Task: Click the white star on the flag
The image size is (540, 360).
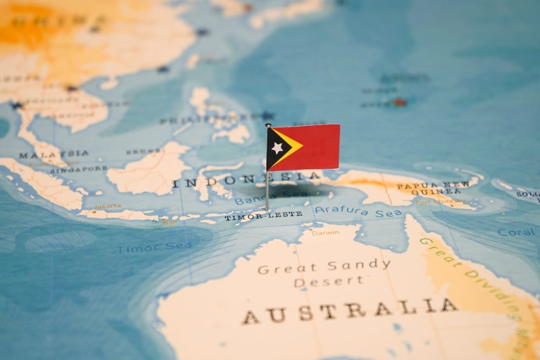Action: tap(277, 147)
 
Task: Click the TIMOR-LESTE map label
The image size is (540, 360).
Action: tap(263, 216)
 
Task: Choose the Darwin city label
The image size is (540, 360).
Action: tap(326, 232)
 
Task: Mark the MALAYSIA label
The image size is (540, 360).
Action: tap(53, 154)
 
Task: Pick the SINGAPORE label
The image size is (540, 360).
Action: tap(78, 169)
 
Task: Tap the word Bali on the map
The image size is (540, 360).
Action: tap(170, 222)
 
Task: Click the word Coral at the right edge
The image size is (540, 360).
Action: tap(516, 232)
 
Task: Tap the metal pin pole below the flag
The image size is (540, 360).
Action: tap(267, 189)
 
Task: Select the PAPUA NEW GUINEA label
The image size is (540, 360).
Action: tap(432, 188)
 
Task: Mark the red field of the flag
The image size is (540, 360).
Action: tap(319, 146)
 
